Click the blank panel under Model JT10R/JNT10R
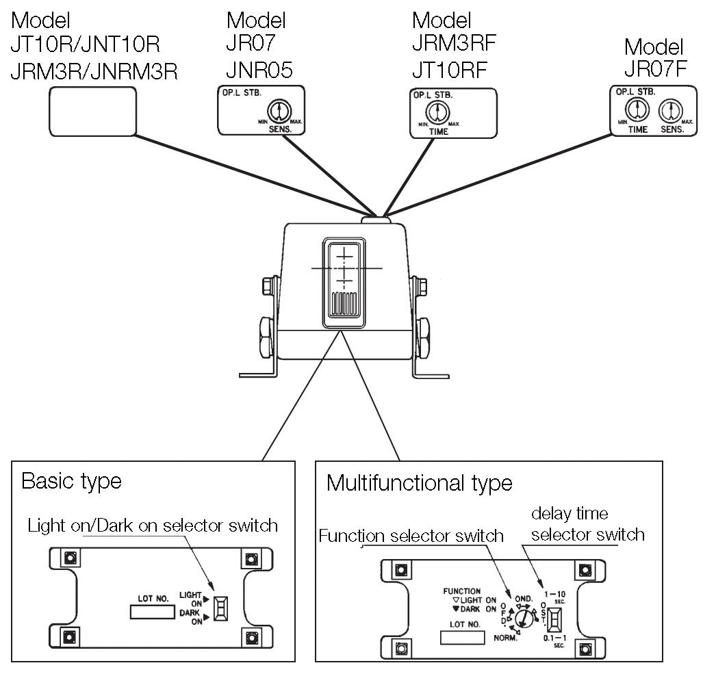[92, 111]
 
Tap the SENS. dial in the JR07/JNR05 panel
[279, 110]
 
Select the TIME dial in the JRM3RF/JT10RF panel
[437, 112]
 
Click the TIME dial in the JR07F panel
[637, 109]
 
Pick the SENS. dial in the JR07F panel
[668, 110]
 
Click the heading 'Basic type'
[71, 481]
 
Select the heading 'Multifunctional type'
[419, 483]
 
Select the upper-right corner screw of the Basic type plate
[249, 558]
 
